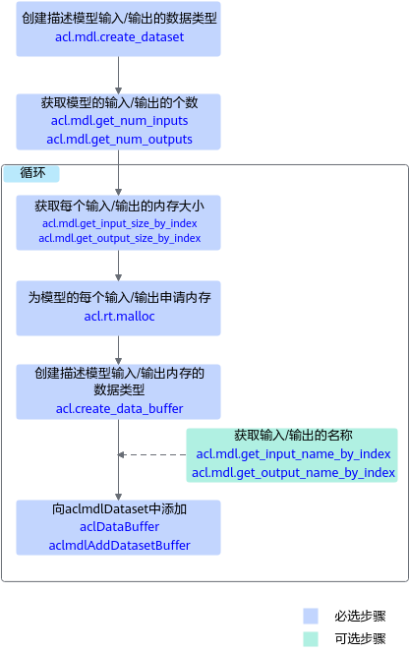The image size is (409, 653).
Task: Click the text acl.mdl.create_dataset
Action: pyautogui.click(x=120, y=37)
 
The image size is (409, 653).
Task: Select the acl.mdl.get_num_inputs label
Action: pyautogui.click(x=120, y=121)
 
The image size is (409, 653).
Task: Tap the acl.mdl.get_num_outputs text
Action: pyautogui.click(x=120, y=139)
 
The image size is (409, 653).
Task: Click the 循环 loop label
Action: pyautogui.click(x=32, y=173)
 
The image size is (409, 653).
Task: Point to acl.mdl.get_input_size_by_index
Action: pyautogui.click(x=120, y=223)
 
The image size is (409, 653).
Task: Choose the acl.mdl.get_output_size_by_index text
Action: pyautogui.click(x=120, y=238)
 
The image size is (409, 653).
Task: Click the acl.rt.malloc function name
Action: pyautogui.click(x=120, y=317)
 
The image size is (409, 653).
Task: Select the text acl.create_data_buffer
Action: pyautogui.click(x=120, y=409)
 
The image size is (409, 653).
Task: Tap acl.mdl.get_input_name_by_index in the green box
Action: pyautogui.click(x=293, y=454)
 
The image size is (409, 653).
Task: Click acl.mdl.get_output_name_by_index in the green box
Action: pyautogui.click(x=293, y=473)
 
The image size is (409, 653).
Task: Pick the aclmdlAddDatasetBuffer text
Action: pyautogui.click(x=120, y=546)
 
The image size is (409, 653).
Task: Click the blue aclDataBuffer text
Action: pyautogui.click(x=120, y=527)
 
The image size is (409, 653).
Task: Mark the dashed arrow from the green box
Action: pyautogui.click(x=152, y=454)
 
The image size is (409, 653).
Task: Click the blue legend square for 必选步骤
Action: pyautogui.click(x=311, y=616)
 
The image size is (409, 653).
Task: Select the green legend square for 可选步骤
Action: pyautogui.click(x=311, y=639)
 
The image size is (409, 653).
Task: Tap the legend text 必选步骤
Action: pyautogui.click(x=360, y=616)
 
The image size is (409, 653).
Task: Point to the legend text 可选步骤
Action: pyautogui.click(x=360, y=639)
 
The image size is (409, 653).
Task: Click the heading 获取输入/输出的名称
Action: pyautogui.click(x=293, y=436)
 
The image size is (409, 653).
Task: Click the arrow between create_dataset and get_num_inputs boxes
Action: pyautogui.click(x=119, y=75)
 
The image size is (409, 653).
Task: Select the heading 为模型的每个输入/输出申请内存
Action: pyautogui.click(x=120, y=297)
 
